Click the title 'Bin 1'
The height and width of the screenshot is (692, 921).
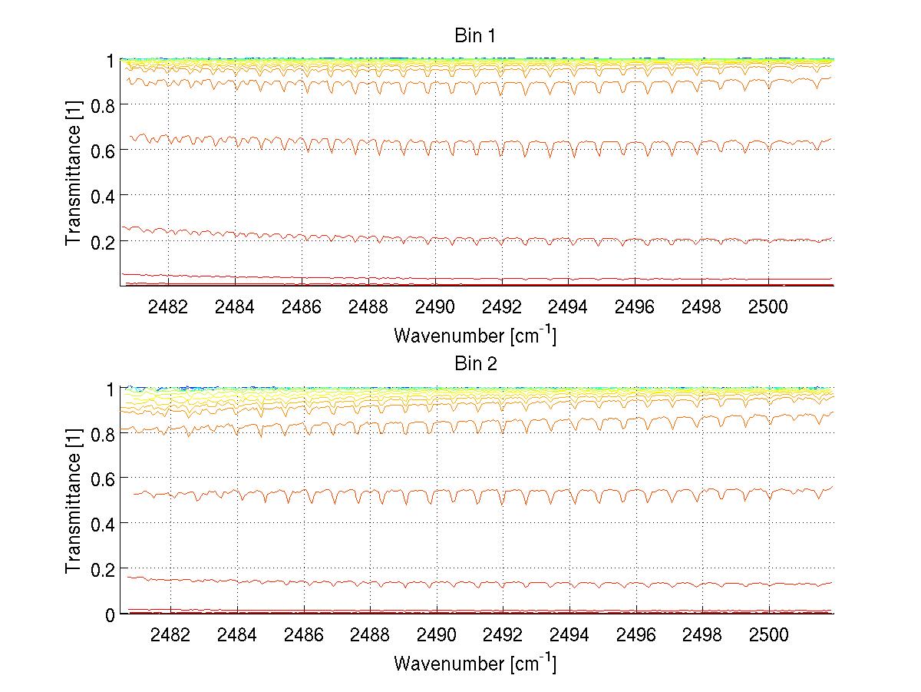(476, 35)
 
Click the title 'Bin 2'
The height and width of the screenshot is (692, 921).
(476, 364)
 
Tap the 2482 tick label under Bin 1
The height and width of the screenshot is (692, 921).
(170, 306)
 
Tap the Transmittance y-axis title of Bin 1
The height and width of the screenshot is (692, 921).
(74, 173)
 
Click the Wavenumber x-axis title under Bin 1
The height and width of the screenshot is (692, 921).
(474, 335)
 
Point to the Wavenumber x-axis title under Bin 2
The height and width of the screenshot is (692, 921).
(474, 663)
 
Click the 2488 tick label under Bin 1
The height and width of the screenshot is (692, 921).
(369, 306)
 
